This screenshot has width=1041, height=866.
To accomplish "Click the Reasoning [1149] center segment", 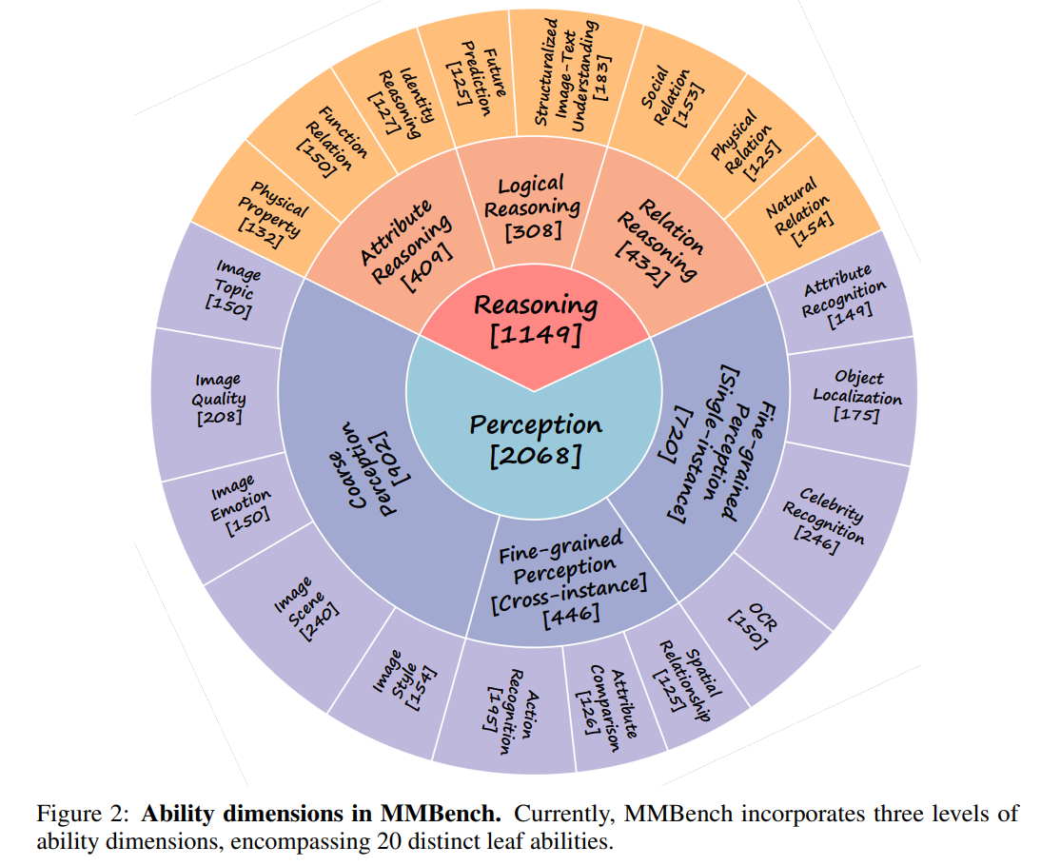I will tap(535, 320).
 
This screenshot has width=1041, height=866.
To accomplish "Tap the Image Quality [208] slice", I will tap(220, 399).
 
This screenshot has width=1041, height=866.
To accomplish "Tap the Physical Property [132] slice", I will tap(266, 214).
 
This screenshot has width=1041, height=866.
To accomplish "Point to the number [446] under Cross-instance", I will tap(571, 615).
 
